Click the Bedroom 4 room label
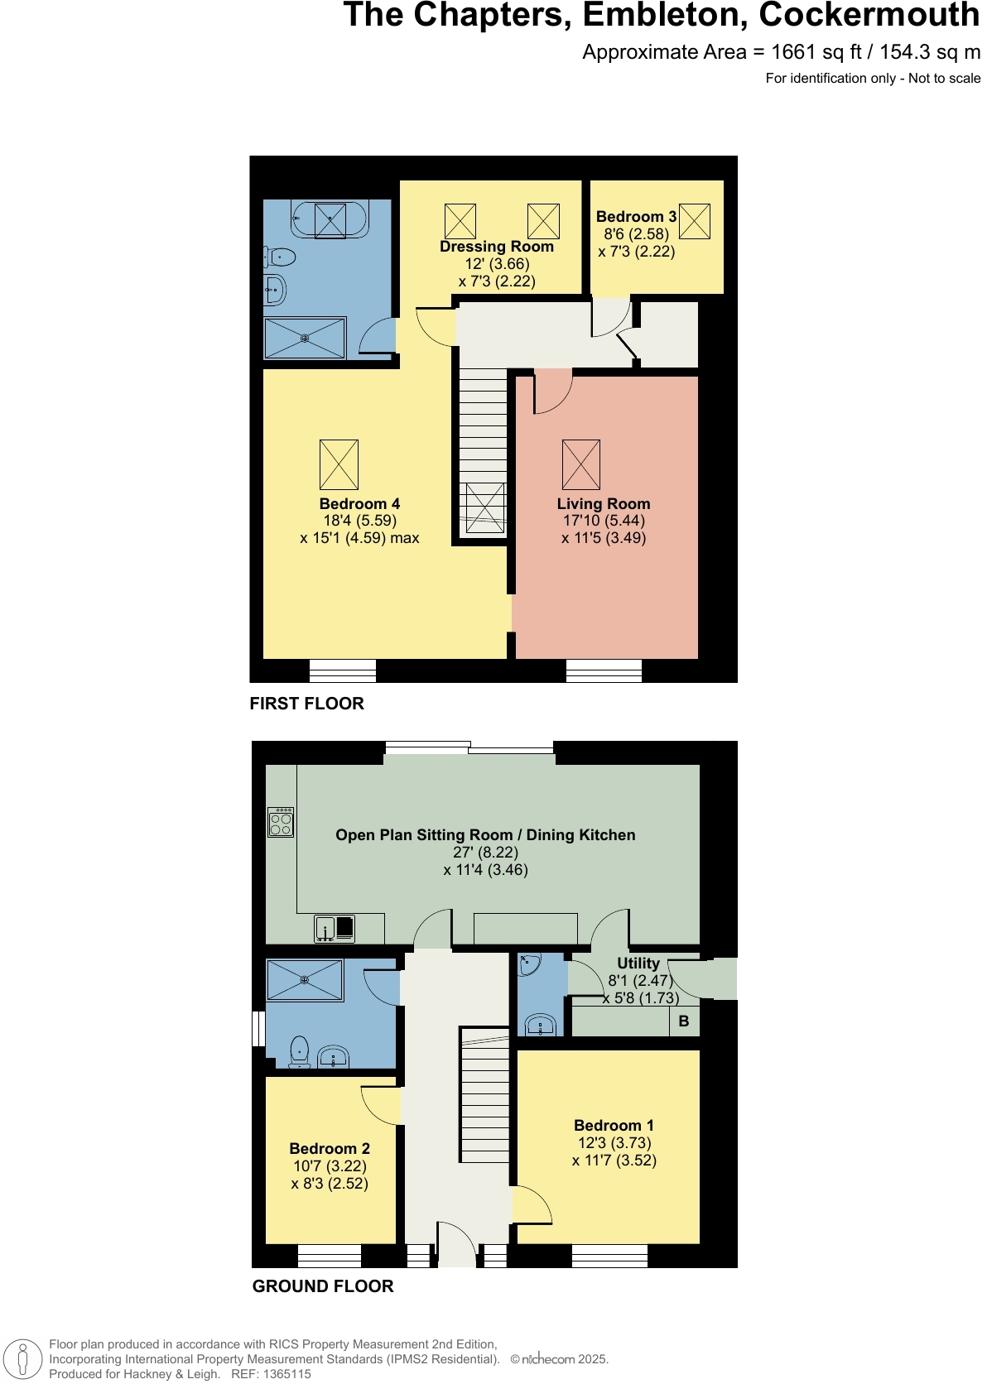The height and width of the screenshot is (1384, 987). (359, 503)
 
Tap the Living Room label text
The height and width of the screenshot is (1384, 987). (603, 503)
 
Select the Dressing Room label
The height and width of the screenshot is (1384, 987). (496, 246)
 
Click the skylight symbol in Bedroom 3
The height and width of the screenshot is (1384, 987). (694, 221)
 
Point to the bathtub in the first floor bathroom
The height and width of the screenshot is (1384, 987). (329, 219)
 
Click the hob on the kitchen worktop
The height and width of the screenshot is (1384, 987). (281, 822)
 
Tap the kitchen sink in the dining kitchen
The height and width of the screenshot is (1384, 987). (335, 928)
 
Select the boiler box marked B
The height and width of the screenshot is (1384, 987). (684, 1021)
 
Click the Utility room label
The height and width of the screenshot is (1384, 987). (638, 963)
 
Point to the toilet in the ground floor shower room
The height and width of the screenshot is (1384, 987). (299, 1052)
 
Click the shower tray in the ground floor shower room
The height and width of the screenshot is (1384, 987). (305, 980)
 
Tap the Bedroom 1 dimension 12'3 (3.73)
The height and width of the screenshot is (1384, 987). (614, 1142)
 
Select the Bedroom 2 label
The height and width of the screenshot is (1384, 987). (330, 1148)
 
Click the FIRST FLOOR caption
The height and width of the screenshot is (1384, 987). (306, 704)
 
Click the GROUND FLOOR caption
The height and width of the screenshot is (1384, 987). (322, 1286)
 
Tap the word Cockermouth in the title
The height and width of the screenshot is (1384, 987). (869, 15)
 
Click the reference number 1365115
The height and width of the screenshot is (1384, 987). (286, 1374)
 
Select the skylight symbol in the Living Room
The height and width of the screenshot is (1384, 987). (580, 464)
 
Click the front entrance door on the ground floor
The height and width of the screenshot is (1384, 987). (456, 1246)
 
